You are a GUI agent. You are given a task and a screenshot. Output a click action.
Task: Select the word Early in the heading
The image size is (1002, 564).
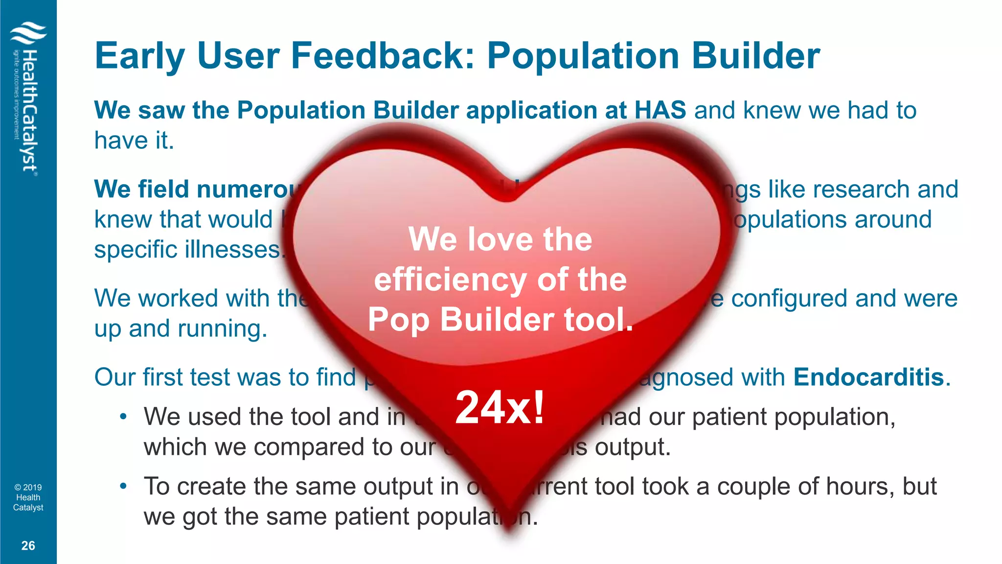(140, 56)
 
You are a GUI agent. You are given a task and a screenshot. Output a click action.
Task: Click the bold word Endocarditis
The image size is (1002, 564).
(868, 377)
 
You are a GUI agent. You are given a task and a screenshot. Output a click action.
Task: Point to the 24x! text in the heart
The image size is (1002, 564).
(500, 407)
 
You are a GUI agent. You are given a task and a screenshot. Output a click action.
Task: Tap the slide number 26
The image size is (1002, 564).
(28, 546)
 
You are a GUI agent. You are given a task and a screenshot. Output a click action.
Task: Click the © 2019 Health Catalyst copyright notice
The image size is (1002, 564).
(28, 497)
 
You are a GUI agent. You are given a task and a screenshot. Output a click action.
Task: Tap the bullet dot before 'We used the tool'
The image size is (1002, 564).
(123, 417)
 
